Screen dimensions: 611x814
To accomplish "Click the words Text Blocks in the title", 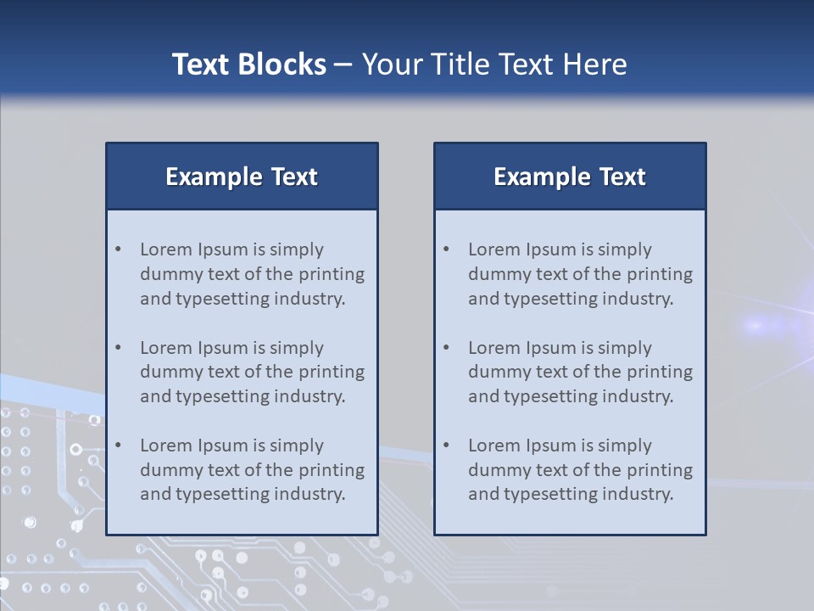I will click(248, 64).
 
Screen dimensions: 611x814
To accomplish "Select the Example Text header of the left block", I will click(242, 177).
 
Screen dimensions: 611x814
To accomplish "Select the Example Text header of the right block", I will click(570, 177).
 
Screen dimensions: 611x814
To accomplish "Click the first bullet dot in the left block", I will click(119, 249).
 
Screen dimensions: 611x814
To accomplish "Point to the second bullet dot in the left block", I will click(119, 348).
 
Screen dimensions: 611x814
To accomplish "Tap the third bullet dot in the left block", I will click(119, 446).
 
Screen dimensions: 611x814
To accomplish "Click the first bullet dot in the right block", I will click(447, 249).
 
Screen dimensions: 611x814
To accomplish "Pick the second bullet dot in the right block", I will click(447, 348).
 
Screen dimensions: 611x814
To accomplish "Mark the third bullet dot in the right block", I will click(447, 446).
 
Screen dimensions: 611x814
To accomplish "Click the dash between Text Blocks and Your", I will click(343, 65).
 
